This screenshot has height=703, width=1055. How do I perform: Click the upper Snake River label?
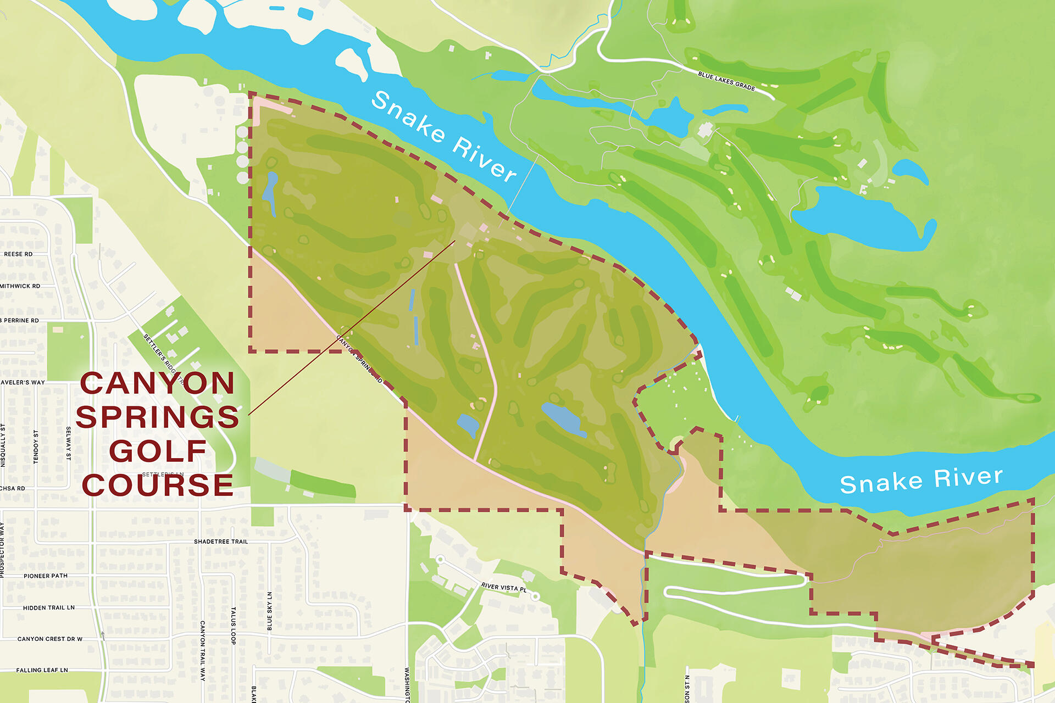(x=444, y=136)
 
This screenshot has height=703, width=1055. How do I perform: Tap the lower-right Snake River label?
(x=921, y=479)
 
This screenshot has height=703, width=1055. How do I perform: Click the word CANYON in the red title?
(x=158, y=383)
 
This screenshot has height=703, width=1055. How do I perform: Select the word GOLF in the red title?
(x=158, y=451)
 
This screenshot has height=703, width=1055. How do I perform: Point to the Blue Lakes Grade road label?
(x=726, y=81)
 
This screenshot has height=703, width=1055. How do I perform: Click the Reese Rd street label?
(x=18, y=254)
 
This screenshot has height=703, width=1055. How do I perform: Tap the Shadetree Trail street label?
(x=221, y=542)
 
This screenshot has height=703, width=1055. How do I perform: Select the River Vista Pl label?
(x=503, y=588)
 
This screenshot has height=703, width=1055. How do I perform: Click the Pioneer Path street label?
(x=46, y=576)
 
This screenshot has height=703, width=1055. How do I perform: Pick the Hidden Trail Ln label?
(x=49, y=608)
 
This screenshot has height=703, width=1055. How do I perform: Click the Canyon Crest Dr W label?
(x=50, y=639)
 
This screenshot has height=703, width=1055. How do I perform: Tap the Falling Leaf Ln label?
(x=42, y=671)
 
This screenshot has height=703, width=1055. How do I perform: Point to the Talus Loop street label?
(x=233, y=626)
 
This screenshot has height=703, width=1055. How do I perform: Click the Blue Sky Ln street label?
(x=269, y=611)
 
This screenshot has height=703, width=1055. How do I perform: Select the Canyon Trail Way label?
(x=202, y=651)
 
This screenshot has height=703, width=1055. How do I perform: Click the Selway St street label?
(x=68, y=443)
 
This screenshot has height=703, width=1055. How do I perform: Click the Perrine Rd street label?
(x=21, y=321)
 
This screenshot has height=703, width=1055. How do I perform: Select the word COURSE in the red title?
(x=158, y=485)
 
